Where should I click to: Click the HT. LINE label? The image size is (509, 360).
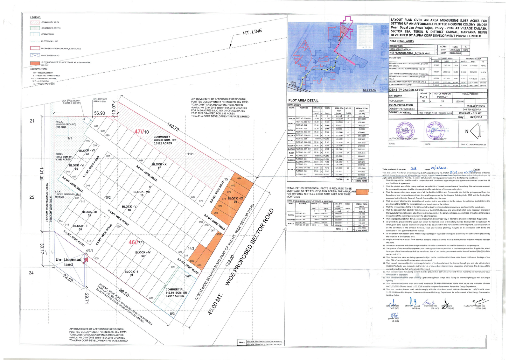click(252, 32)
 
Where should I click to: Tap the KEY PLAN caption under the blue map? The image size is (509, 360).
click(369, 90)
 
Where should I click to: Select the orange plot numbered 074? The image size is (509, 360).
click(239, 179)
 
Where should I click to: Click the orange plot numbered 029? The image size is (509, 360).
click(199, 265)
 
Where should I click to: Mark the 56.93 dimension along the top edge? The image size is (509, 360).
click(100, 113)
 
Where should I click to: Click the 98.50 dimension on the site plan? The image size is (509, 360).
click(124, 293)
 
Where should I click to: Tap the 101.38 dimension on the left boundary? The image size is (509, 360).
click(41, 174)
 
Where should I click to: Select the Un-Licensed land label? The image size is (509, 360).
click(68, 262)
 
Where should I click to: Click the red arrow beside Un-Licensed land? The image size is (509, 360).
click(85, 260)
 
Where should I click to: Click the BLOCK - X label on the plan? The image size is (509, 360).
click(159, 165)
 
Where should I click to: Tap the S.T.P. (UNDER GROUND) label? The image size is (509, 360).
click(65, 194)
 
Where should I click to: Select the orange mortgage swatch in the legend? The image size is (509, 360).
click(35, 63)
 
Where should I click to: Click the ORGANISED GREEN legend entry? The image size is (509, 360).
click(51, 28)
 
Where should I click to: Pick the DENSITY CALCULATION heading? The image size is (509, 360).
click(406, 90)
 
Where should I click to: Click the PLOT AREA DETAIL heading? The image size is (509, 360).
click(303, 101)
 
